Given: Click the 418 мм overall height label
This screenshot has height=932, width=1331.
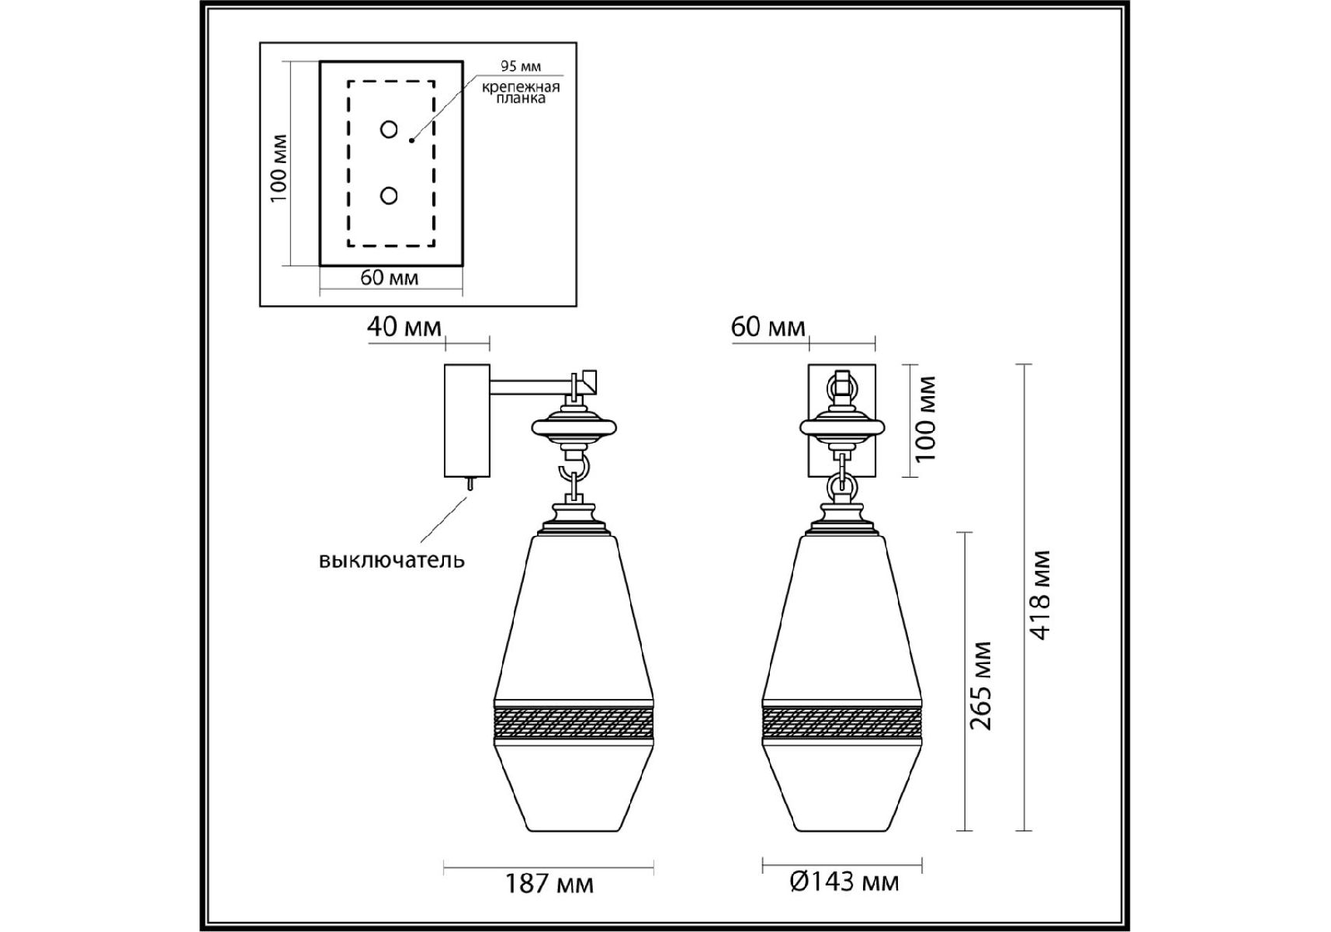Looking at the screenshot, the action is point(1041,595).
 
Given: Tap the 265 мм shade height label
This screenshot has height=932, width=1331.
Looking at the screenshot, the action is point(982,686).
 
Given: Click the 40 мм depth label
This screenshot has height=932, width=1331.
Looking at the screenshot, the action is point(404,326).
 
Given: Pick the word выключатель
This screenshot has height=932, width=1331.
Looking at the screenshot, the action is point(392,559).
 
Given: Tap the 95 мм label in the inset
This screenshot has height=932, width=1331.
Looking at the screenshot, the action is point(521,66).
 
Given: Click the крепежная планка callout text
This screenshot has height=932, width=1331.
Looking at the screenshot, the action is point(521,92).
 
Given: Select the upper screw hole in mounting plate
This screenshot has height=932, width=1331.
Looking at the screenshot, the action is point(389,129).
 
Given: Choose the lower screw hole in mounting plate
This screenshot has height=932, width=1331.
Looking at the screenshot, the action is point(389,196).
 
